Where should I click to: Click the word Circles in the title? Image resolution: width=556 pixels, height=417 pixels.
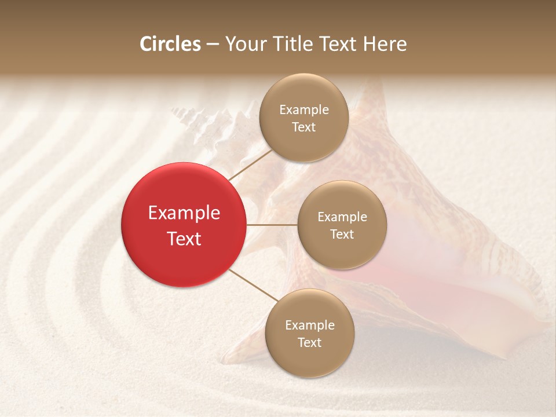(170, 44)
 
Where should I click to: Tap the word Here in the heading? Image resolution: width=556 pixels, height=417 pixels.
(385, 44)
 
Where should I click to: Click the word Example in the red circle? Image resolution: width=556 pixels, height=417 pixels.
(184, 213)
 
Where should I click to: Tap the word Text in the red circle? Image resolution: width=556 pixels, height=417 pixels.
(184, 239)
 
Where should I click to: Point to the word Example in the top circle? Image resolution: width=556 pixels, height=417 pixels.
(304, 109)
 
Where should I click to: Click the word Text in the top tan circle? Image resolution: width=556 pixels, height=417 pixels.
(303, 127)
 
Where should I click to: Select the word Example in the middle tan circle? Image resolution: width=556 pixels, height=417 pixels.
(342, 217)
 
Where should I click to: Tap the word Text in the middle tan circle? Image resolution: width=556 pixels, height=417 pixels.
(342, 234)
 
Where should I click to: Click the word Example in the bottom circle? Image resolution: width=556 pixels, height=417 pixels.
(310, 325)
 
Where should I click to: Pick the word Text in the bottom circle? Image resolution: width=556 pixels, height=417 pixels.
(309, 342)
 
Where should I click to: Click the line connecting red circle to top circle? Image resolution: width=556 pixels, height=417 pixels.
(250, 164)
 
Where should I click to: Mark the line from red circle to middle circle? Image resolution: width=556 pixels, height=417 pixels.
(272, 225)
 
